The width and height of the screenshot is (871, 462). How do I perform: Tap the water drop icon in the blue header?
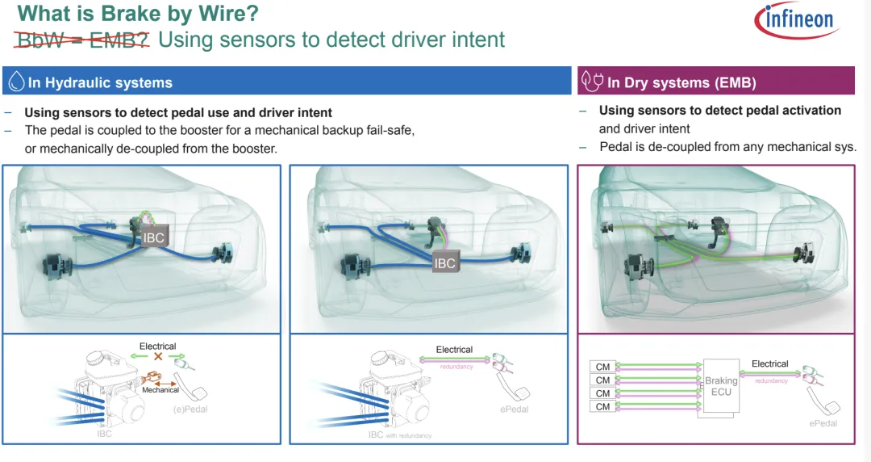[16, 82]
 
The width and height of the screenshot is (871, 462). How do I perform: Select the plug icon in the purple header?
[593, 82]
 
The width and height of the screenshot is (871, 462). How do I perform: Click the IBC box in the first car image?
[154, 238]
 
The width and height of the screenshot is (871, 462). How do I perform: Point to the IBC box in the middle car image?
[444, 263]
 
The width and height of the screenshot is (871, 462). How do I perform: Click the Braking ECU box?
[720, 387]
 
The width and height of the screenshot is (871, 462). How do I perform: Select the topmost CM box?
[602, 367]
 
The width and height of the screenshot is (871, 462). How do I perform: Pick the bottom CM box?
[602, 406]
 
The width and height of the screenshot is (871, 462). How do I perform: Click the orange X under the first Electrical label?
[157, 357]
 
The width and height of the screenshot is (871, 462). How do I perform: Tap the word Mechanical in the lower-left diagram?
[160, 389]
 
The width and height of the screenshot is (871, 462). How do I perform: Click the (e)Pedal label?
[192, 409]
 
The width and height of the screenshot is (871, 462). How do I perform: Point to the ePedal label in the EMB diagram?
[823, 423]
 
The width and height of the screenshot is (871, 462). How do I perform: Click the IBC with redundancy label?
[399, 435]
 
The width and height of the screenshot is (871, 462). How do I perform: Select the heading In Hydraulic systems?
[100, 82]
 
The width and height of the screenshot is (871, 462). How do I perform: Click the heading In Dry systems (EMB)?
[681, 82]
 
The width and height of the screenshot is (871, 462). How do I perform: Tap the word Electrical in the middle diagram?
[454, 350]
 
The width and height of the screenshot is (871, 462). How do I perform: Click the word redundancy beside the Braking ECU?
[771, 380]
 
